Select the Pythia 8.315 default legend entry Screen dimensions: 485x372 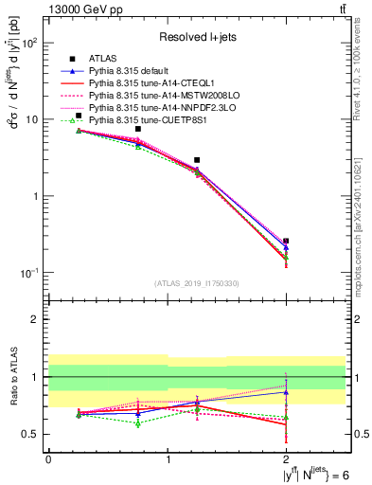pos(132,72)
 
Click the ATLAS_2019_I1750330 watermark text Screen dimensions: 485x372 pos(197,283)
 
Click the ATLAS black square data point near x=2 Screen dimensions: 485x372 pos(286,242)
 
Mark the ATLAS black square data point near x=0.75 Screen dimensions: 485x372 pos(138,129)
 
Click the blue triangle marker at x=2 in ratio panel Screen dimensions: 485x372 pos(286,391)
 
